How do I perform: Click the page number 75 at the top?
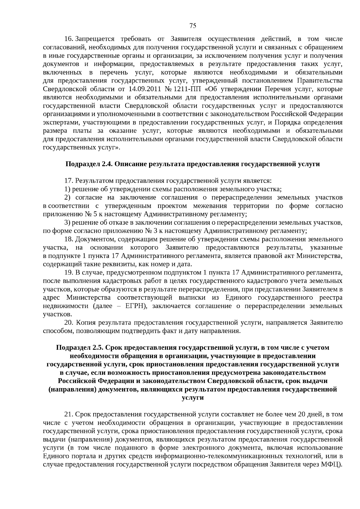click(x=193, y=26)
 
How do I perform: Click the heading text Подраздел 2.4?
click(x=89, y=164)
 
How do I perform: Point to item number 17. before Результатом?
click(x=69, y=181)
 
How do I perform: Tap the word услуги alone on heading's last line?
click(x=193, y=398)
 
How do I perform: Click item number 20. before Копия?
click(x=69, y=322)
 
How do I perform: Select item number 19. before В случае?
click(x=69, y=272)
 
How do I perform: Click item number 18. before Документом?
click(x=69, y=239)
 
